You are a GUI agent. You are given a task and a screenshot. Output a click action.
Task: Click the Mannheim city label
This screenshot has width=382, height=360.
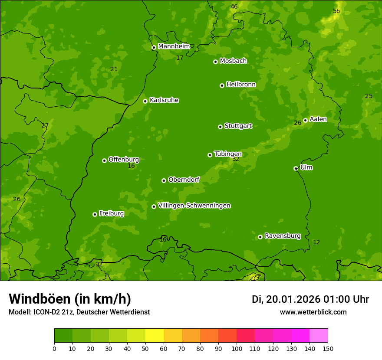click(174, 46)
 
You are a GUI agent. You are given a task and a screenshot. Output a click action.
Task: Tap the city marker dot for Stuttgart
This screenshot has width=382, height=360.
click(220, 127)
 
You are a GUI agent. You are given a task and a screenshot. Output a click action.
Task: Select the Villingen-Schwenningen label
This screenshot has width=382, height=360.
click(194, 206)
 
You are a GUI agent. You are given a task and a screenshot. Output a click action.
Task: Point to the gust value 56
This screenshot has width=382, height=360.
click(336, 11)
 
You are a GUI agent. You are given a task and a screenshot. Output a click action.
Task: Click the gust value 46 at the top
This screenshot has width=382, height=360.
click(234, 7)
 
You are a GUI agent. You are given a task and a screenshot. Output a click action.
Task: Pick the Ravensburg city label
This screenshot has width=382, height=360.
click(282, 236)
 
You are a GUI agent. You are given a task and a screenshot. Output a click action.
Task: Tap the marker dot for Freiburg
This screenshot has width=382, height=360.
click(95, 214)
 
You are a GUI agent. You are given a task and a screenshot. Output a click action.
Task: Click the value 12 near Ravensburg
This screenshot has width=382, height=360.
click(316, 242)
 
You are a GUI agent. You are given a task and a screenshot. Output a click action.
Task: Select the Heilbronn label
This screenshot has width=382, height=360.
click(241, 84)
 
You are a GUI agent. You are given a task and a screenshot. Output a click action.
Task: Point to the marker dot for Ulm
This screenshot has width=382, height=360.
click(296, 168)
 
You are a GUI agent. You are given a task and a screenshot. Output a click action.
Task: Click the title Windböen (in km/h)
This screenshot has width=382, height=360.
click(70, 299)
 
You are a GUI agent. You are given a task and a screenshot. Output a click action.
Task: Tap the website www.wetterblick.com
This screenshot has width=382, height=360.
click(313, 312)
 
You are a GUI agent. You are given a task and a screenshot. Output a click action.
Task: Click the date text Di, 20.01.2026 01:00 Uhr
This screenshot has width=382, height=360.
click(310, 299)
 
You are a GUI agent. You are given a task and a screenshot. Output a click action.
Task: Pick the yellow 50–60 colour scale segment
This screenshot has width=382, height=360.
click(155, 336)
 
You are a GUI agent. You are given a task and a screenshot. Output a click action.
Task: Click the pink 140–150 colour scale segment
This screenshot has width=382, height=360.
click(319, 336)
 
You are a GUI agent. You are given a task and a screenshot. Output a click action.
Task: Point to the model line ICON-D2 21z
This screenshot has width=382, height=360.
click(79, 312)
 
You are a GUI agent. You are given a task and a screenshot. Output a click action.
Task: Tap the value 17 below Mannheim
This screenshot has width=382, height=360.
click(180, 58)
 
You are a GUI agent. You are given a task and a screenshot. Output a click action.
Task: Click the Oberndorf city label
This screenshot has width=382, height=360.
click(184, 180)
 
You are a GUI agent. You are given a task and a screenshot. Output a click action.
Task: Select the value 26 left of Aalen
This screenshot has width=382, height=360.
click(297, 123)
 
